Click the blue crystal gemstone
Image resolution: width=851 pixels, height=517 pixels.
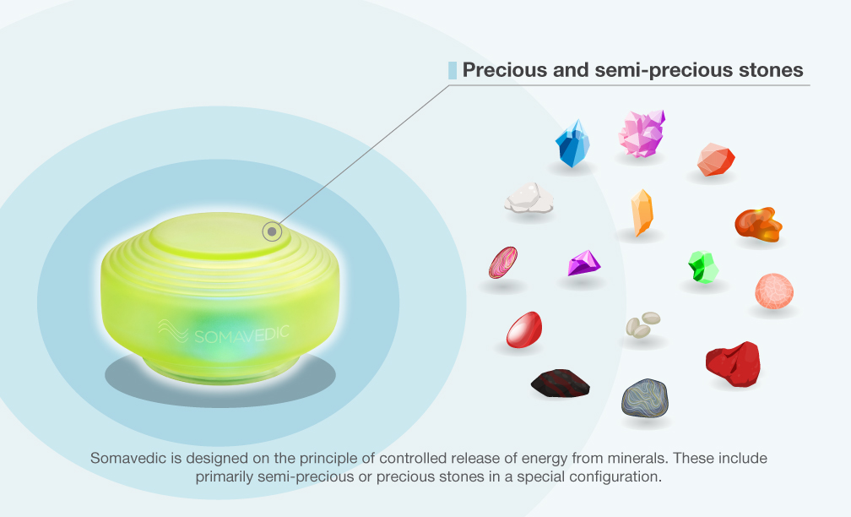point(572,144)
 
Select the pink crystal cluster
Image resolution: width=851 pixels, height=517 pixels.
point(642,133)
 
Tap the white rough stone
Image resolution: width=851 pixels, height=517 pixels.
point(529,198)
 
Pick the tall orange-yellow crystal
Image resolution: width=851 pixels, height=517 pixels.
point(642,212)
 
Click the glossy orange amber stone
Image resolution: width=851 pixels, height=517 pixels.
point(758,224)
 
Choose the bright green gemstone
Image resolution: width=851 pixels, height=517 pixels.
point(703,267)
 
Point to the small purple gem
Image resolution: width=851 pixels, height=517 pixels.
point(583,263)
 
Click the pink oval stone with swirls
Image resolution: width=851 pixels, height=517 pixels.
point(503,263)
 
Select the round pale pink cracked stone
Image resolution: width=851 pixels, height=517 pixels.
point(774,291)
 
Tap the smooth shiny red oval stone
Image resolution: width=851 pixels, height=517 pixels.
point(524,329)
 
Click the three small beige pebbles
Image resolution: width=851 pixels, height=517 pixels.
point(642,324)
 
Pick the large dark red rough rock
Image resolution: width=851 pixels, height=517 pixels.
point(733,364)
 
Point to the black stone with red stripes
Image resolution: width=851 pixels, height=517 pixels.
point(560,384)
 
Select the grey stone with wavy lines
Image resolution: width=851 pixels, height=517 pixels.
point(645,398)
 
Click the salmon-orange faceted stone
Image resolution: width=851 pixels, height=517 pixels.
point(716,160)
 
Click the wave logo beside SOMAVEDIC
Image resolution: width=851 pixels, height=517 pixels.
point(174,331)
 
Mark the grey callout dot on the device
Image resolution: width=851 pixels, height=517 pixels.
point(273,231)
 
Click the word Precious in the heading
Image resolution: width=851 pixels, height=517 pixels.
point(505,70)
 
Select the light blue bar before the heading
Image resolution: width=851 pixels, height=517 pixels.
point(453,71)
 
